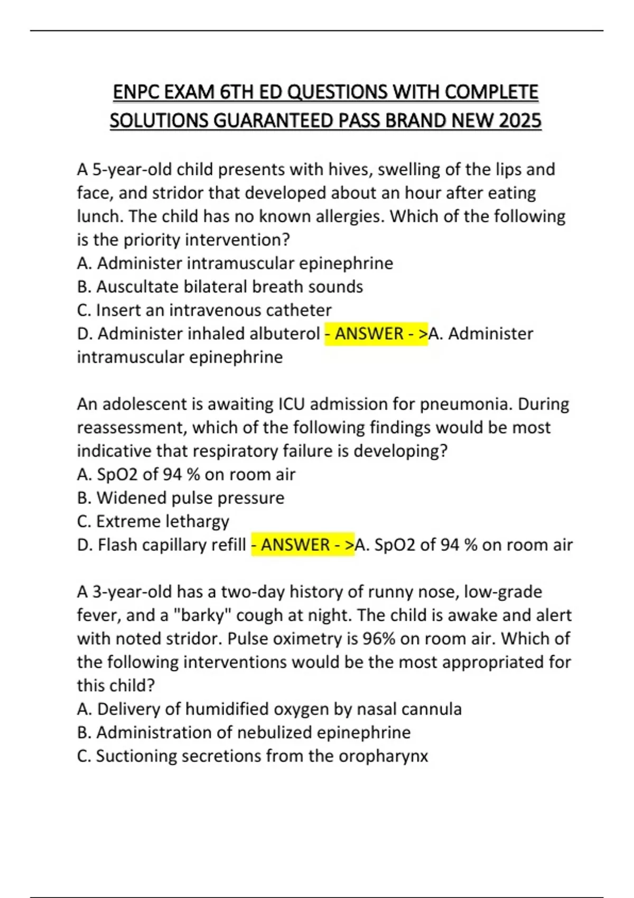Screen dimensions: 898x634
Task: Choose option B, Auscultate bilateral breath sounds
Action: (x=220, y=286)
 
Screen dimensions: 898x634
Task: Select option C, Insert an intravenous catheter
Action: (x=204, y=310)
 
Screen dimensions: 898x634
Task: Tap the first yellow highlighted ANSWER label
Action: (x=376, y=334)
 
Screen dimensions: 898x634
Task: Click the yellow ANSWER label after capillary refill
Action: (x=302, y=545)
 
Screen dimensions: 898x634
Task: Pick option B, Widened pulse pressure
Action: (x=181, y=498)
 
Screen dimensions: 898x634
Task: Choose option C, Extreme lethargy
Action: (x=153, y=521)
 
